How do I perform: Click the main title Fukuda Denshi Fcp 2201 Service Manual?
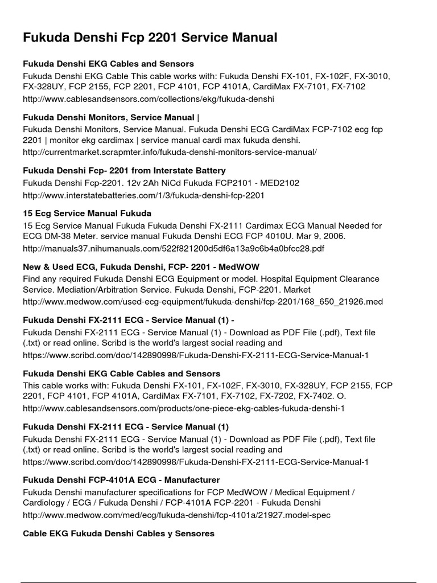coord(150,38)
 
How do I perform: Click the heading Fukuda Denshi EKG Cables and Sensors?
coord(108,64)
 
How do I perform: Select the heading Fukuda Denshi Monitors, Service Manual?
coord(111,117)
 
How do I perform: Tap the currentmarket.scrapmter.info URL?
coord(170,152)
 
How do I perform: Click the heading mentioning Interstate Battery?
coord(124,170)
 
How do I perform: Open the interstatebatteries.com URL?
coord(143,195)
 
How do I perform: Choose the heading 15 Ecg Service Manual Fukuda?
coord(87,214)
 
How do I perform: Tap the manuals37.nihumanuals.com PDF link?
coord(174,249)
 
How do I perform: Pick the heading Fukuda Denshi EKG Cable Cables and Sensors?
coord(121,373)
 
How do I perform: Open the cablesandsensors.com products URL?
coord(184,408)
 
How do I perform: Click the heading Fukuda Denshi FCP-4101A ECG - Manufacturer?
coord(121,480)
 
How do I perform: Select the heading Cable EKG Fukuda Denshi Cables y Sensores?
coord(118,533)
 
